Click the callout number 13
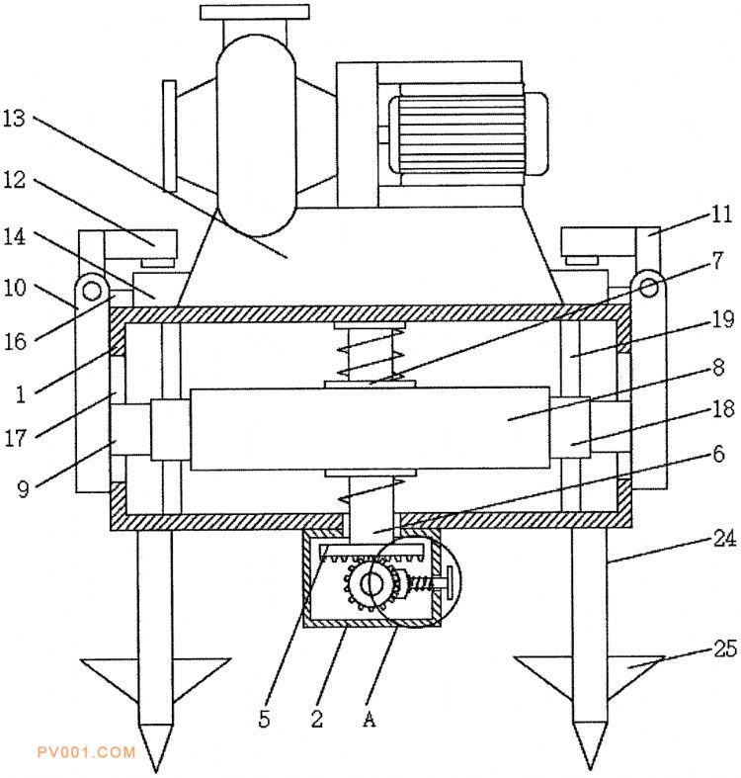tap(14, 118)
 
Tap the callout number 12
tap(14, 180)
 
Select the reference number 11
tap(721, 215)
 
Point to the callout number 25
tap(724, 648)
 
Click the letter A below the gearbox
tap(369, 718)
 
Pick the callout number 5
tap(265, 718)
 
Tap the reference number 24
tap(724, 539)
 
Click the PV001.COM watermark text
tap(86, 752)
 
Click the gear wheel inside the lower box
tap(370, 584)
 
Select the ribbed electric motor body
tap(458, 134)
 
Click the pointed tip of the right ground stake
tap(590, 769)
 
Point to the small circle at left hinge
tap(92, 291)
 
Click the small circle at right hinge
tap(649, 287)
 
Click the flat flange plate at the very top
tap(255, 13)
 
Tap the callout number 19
tap(722, 319)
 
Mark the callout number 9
tap(24, 488)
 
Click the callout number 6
tap(718, 454)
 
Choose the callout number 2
tap(317, 718)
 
